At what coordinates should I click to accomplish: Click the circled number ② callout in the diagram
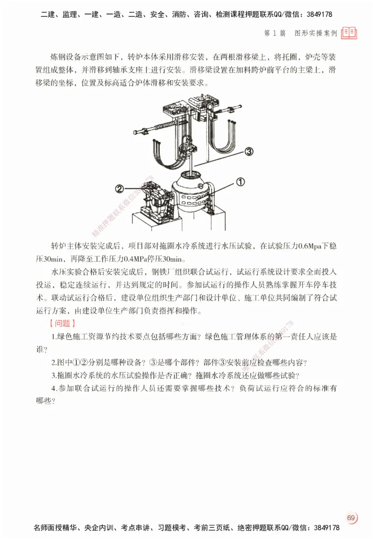coord(119,189)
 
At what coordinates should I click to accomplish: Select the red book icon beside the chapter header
coord(349,33)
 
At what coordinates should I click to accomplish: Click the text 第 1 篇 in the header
coord(275,33)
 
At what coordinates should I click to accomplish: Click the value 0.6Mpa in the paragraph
coord(310,246)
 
